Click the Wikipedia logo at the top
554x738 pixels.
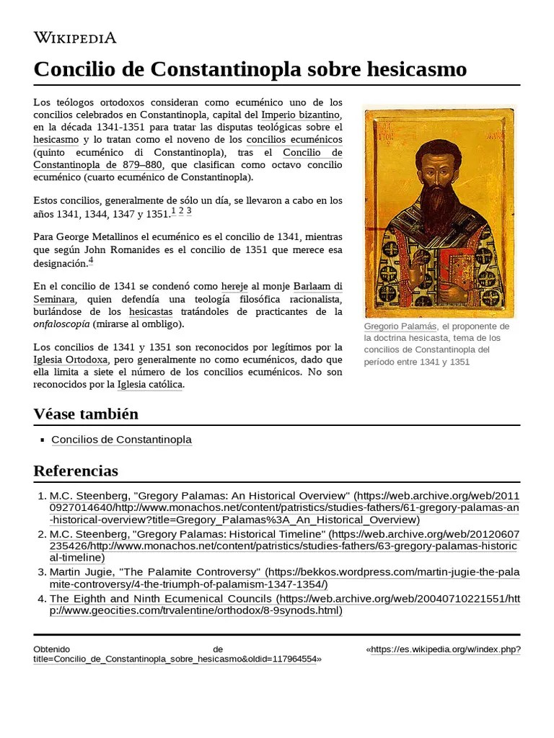[75, 37]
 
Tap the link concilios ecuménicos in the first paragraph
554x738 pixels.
[294, 140]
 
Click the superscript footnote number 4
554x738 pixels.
[91, 260]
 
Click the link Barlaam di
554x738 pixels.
[317, 285]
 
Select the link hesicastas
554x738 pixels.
[151, 311]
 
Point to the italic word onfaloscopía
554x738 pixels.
[61, 324]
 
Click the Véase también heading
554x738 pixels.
[86, 414]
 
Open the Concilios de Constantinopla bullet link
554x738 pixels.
[121, 440]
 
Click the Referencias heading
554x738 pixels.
[76, 471]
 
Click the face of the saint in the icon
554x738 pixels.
[439, 170]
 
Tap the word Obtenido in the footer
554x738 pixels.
[52, 649]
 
